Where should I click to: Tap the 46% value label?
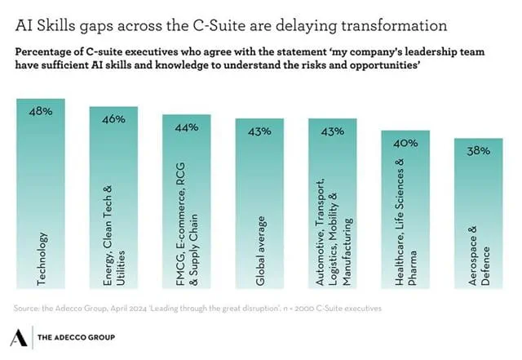[x=113, y=119]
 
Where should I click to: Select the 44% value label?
[x=187, y=127]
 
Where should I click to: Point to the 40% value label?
[x=405, y=143]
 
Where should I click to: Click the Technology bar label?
[x=43, y=260]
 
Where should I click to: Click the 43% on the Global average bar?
[x=259, y=131]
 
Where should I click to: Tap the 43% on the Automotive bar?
[x=333, y=131]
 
